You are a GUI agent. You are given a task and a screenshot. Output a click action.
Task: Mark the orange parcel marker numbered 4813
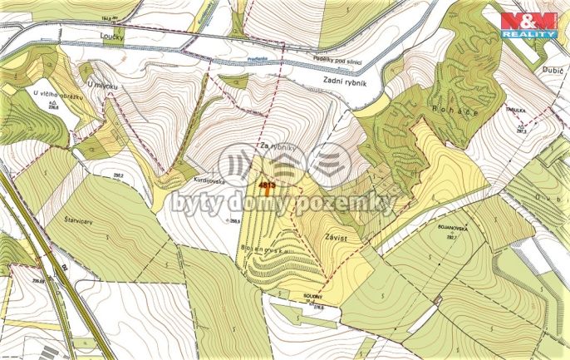pyautogui.click(x=268, y=185)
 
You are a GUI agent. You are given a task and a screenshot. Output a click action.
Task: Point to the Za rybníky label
pyautogui.click(x=278, y=147)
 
